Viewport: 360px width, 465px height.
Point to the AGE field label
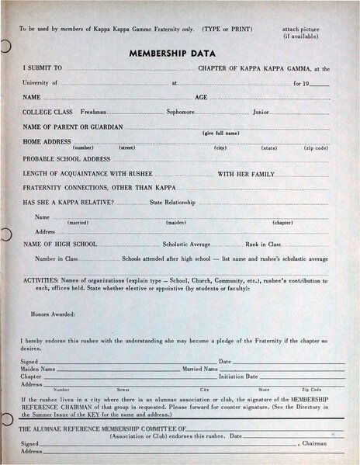click(201, 98)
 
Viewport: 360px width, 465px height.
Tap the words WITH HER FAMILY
click(246, 173)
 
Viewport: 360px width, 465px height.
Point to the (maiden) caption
click(175, 224)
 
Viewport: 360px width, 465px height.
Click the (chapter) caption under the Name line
click(282, 224)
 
